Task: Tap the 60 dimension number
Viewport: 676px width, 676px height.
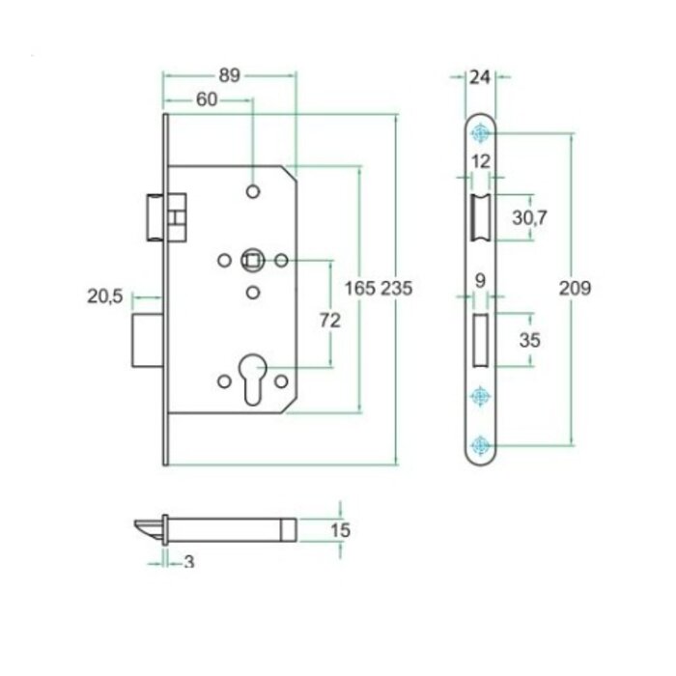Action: (206, 100)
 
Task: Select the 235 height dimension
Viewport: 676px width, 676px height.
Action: (397, 288)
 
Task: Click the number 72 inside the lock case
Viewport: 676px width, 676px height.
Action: (330, 322)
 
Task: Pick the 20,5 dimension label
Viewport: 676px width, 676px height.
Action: (104, 298)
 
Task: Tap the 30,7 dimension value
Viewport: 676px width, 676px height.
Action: (529, 219)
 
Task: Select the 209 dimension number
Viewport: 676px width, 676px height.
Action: (575, 288)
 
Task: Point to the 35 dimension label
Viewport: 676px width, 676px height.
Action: (529, 340)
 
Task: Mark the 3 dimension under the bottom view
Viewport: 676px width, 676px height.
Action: (187, 562)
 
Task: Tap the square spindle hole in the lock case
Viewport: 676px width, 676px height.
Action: (252, 259)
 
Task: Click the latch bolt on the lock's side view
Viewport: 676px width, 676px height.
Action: (155, 214)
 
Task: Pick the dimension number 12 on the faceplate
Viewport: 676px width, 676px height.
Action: (480, 160)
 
